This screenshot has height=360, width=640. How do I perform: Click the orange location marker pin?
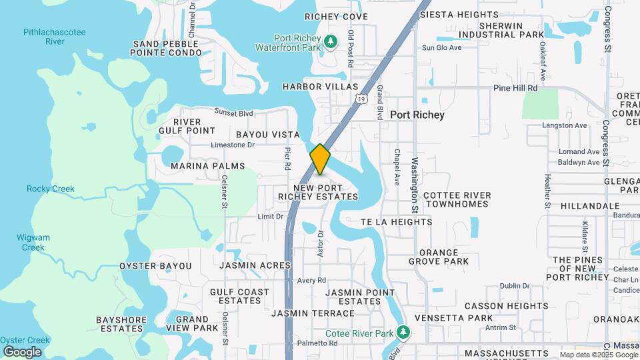(320, 160)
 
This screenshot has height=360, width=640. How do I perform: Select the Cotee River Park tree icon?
(402, 332)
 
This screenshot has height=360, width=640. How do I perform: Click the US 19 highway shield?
(361, 99)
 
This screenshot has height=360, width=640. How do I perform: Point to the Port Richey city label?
(417, 115)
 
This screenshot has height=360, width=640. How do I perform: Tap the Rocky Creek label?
(51, 189)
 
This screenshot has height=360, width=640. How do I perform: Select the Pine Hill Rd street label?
(515, 88)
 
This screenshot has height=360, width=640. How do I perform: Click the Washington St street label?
(414, 185)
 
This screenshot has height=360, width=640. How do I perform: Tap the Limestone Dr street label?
(233, 145)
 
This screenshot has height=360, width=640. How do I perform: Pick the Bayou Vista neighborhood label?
(267, 135)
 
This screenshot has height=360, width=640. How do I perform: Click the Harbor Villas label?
(320, 87)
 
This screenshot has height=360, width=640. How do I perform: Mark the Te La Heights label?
(396, 222)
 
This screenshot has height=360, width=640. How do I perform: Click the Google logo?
(22, 351)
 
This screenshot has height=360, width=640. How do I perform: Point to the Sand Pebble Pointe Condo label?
(165, 48)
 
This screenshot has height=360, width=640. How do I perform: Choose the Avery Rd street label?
(311, 281)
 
